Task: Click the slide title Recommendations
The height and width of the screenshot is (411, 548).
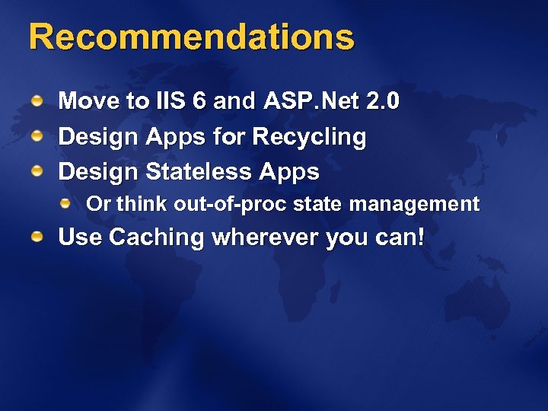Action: (192, 37)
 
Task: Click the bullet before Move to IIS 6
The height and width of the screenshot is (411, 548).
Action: (37, 101)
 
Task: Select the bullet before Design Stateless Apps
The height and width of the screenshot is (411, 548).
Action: (37, 172)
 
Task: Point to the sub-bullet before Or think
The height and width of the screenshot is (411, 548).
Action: (66, 203)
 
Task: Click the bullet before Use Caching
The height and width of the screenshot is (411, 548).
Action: (37, 238)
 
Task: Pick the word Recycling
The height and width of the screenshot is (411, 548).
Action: (309, 138)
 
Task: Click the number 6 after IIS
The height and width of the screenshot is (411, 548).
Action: (200, 101)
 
